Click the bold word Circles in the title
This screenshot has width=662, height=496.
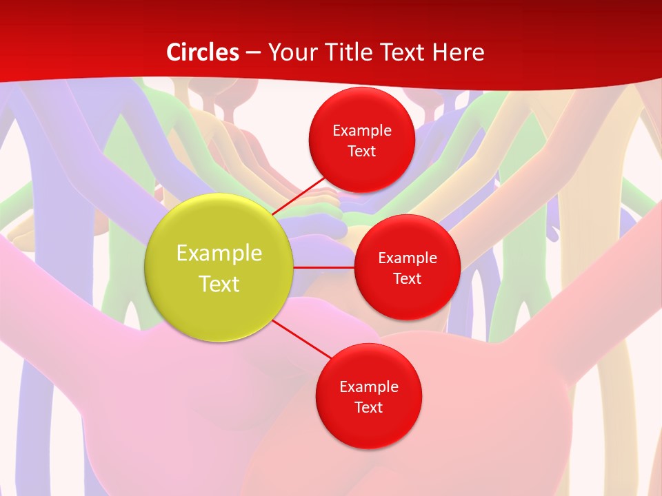pyautogui.click(x=203, y=52)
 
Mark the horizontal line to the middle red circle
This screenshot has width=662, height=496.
pyautogui.click(x=324, y=267)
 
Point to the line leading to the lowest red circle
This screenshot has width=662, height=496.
pyautogui.click(x=302, y=339)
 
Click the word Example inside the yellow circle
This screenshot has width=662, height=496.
pyautogui.click(x=219, y=253)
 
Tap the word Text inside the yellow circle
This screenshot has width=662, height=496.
pyautogui.click(x=219, y=284)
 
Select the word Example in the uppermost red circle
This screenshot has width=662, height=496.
pyautogui.click(x=361, y=130)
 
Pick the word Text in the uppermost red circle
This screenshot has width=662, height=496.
pyautogui.click(x=361, y=151)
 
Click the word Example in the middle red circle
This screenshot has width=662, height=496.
pyautogui.click(x=407, y=258)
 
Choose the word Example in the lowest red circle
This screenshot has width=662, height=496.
pyautogui.click(x=368, y=386)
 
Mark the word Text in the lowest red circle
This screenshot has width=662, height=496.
pyautogui.click(x=368, y=407)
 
